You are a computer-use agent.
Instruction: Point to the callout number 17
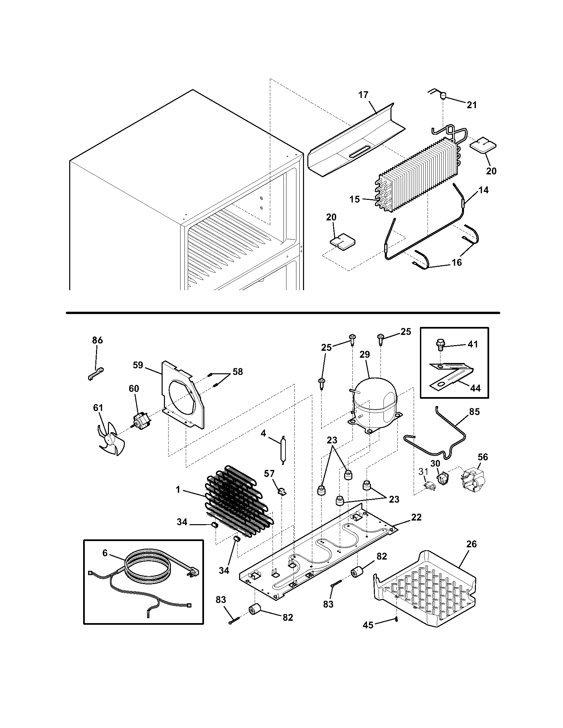pos(363,95)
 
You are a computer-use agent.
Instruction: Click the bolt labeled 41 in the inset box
pos(440,345)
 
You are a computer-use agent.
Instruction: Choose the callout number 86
pos(97,340)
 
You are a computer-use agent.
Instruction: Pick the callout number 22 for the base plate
pos(416,517)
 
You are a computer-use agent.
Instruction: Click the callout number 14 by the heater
pos(484,190)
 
